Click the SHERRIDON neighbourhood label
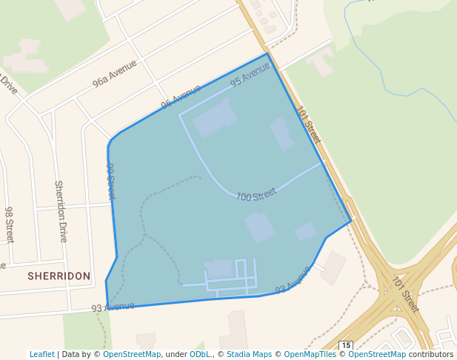click(59, 276)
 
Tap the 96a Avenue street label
click(115, 74)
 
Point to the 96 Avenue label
click(181, 96)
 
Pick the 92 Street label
click(111, 181)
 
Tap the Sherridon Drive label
click(61, 211)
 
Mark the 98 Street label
click(9, 225)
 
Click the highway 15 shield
click(346, 346)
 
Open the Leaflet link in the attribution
click(41, 354)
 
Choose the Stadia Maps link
click(249, 354)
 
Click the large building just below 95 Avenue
click(215, 119)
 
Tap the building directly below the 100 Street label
click(259, 227)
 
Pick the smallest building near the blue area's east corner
click(306, 232)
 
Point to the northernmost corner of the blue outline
click(267, 53)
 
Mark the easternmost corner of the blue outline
click(350, 220)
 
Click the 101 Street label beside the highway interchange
click(406, 293)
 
